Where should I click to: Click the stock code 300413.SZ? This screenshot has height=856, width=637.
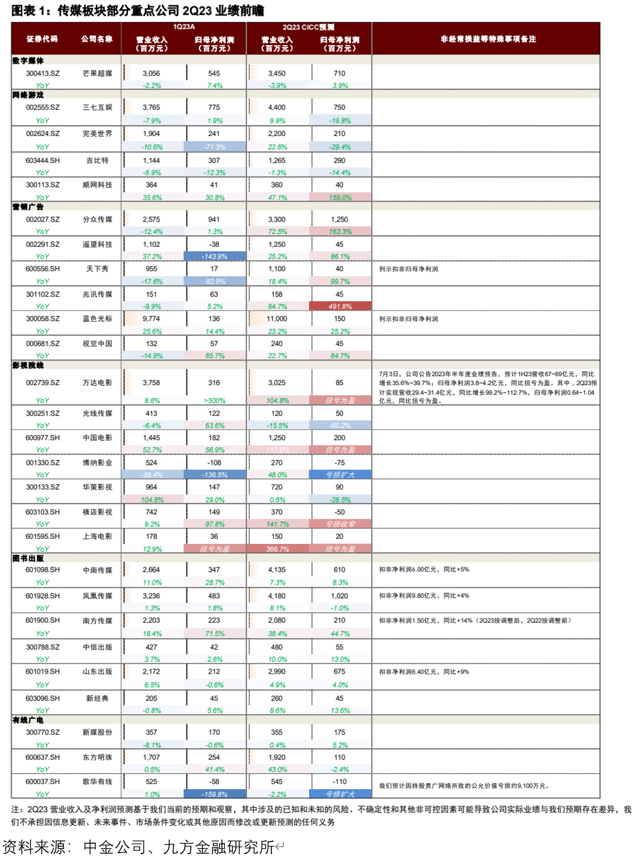(42, 73)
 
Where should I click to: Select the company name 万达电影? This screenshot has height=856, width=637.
(97, 383)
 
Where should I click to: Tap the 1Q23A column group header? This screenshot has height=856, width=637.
(184, 27)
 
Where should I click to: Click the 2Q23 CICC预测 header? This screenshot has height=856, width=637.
(309, 27)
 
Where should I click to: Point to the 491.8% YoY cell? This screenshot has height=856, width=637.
(340, 306)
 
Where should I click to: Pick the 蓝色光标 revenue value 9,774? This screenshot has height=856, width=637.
(151, 319)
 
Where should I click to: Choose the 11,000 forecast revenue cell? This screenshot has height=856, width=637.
(277, 319)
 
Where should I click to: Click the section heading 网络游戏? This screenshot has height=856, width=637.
(28, 95)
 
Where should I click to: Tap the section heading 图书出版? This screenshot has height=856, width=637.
(28, 558)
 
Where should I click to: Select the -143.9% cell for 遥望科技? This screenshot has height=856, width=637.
(215, 256)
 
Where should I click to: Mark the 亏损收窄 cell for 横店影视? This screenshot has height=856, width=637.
(340, 524)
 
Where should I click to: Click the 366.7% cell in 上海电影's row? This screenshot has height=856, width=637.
(277, 549)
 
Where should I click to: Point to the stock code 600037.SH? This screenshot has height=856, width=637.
(42, 782)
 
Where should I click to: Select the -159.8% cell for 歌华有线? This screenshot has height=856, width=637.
(215, 794)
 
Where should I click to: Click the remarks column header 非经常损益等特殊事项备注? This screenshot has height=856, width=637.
(488, 39)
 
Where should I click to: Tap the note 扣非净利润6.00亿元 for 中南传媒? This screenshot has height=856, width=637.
(423, 569)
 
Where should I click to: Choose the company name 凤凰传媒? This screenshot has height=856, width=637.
(97, 596)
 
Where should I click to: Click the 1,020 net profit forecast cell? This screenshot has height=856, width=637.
(340, 596)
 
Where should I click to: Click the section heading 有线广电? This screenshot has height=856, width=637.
(28, 720)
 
